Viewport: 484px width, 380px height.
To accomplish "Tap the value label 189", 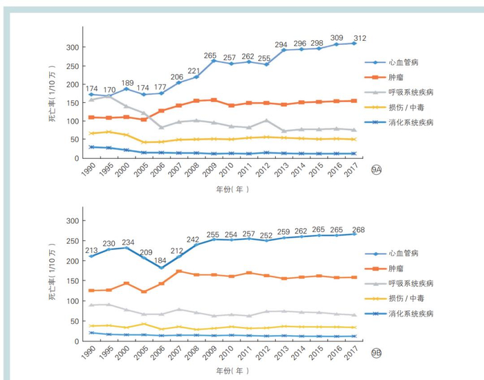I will [x=127, y=84].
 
